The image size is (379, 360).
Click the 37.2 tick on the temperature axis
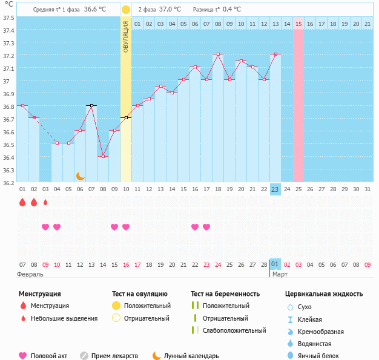8,56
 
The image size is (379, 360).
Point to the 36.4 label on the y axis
8,157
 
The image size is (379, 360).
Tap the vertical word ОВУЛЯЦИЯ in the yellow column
126,36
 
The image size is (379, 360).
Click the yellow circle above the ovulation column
126,10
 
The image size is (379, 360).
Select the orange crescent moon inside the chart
80,175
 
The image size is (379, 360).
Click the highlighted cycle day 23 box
275,189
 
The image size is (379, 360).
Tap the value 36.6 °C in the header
94,10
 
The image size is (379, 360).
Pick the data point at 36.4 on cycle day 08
103,156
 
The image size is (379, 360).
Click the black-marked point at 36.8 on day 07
91,105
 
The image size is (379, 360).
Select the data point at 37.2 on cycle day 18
218,54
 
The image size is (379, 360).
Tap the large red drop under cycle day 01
22,202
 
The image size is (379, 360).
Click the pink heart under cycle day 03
45,227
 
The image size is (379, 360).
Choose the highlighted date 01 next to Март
275,264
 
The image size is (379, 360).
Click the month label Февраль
30,274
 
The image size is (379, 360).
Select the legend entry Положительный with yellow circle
147,306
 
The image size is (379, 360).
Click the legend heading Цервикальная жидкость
324,293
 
